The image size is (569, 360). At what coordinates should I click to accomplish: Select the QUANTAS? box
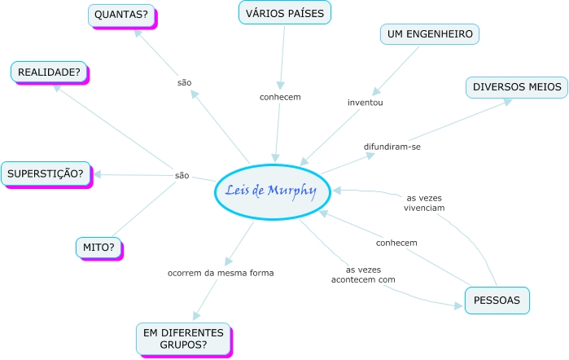(x=122, y=15)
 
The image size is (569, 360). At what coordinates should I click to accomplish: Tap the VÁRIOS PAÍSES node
(x=285, y=13)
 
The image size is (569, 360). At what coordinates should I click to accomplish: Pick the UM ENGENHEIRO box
(x=430, y=34)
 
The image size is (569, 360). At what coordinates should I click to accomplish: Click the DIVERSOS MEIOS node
(x=517, y=87)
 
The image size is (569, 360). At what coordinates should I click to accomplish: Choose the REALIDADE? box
(x=49, y=72)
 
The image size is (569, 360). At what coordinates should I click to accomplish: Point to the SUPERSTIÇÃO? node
(x=46, y=173)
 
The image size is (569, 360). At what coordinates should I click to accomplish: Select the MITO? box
(x=98, y=246)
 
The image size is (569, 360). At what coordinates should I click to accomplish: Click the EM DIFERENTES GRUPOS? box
(x=183, y=339)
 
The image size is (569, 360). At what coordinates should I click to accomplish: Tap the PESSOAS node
(x=497, y=301)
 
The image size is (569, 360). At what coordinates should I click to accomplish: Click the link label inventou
(x=365, y=103)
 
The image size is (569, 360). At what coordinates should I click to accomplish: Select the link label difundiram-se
(x=392, y=147)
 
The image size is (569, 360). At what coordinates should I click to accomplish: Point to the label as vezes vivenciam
(x=424, y=202)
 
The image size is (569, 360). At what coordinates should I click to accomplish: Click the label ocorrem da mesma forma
(x=221, y=273)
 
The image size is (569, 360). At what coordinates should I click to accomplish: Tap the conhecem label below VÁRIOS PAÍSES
(x=280, y=97)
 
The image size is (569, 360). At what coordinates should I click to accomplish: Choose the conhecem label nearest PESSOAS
(x=396, y=243)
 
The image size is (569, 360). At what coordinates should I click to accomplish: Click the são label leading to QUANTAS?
(x=184, y=82)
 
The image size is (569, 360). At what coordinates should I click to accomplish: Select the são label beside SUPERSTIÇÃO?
(x=182, y=175)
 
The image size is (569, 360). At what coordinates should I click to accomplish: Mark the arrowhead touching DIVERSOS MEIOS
(x=507, y=102)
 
